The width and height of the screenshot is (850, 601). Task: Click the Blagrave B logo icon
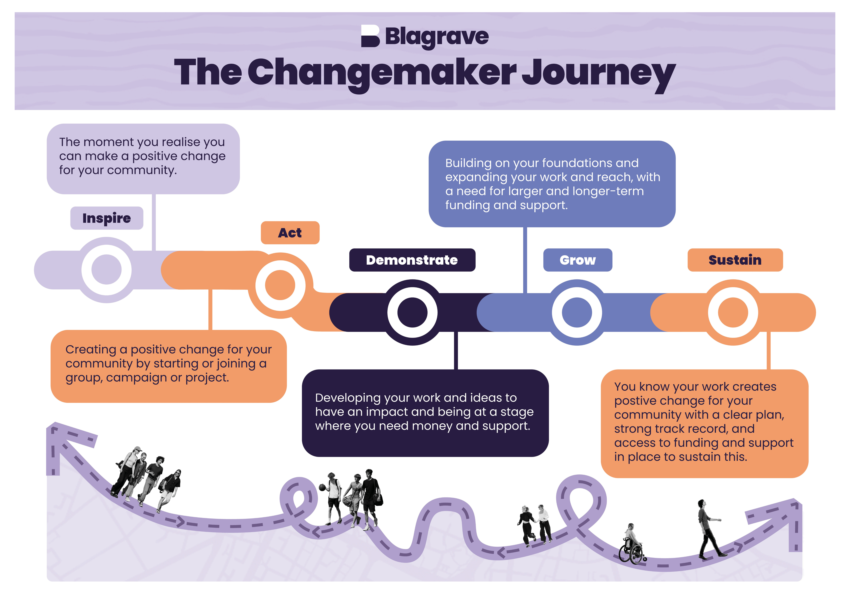tap(370, 36)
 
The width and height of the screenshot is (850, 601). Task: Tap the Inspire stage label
tap(107, 218)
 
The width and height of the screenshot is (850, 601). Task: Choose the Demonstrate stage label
tap(412, 260)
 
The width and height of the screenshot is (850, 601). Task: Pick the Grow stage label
tap(578, 260)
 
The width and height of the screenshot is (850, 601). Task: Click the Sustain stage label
tap(735, 260)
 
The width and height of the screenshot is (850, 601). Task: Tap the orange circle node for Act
tap(280, 285)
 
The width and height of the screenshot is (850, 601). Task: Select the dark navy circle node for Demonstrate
tap(412, 312)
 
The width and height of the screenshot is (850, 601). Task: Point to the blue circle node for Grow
tap(577, 312)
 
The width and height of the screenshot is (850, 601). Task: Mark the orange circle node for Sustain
tap(733, 312)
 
